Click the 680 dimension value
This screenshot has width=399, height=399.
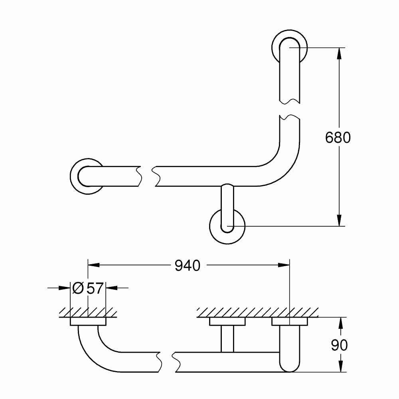pyautogui.click(x=338, y=138)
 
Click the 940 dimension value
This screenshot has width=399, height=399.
pyautogui.click(x=188, y=265)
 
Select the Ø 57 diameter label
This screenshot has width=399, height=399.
pyautogui.click(x=88, y=288)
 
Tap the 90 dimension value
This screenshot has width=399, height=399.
pyautogui.click(x=339, y=345)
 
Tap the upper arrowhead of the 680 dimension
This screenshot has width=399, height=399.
pyautogui.click(x=339, y=53)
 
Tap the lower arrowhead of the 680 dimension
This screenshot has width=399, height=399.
pyautogui.click(x=339, y=221)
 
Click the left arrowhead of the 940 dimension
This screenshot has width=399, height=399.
pyautogui.click(x=93, y=265)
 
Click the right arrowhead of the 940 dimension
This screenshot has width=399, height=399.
pyautogui.click(x=284, y=265)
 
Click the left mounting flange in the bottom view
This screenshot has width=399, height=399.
pyautogui.click(x=88, y=322)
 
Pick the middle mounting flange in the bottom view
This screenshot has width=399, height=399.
pyautogui.click(x=227, y=322)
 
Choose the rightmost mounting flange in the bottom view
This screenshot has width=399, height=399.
pyautogui.click(x=289, y=322)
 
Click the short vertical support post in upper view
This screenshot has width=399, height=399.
pyautogui.click(x=227, y=203)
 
